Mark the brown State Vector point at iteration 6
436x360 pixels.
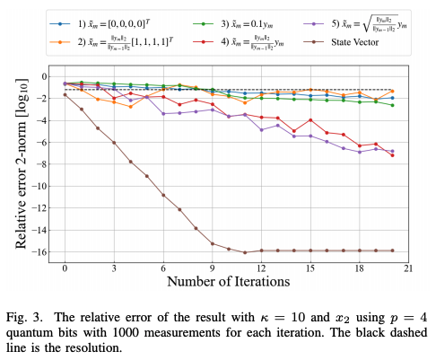click(x=163, y=195)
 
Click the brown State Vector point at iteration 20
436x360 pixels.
click(x=392, y=250)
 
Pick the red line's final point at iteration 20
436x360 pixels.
click(x=392, y=155)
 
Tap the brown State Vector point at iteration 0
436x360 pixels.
click(x=65, y=94)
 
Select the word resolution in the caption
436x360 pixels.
click(x=105, y=347)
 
